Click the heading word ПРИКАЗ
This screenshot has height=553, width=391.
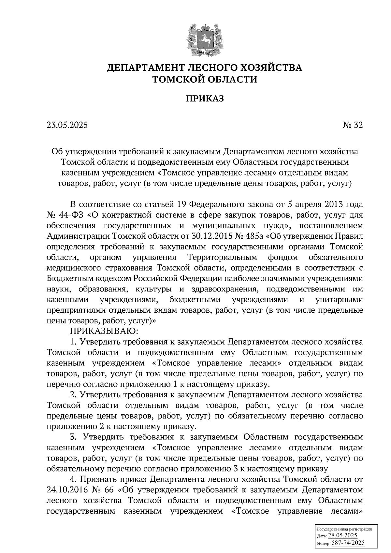tap(205, 99)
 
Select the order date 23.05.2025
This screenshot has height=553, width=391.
tap(67, 125)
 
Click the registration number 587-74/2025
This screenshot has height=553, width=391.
tap(348, 543)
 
